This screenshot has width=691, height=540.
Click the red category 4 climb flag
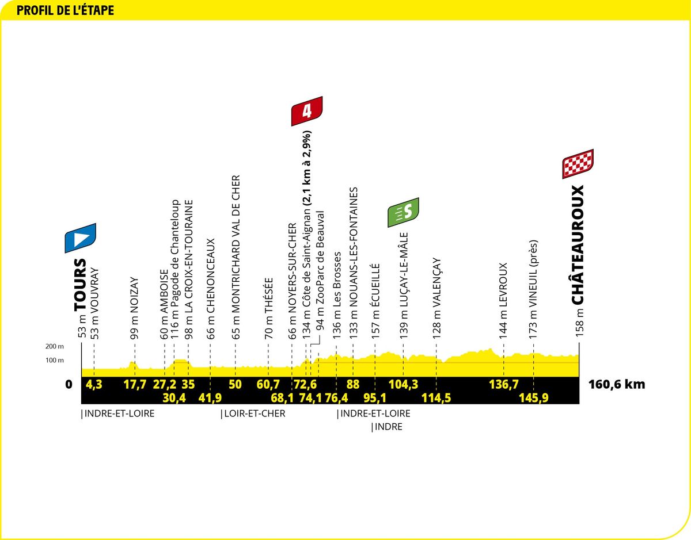pyautogui.click(x=307, y=111)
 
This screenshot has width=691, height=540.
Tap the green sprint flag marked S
pyautogui.click(x=403, y=212)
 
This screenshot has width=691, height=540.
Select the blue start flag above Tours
pyautogui.click(x=81, y=238)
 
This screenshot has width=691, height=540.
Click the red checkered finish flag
pyautogui.click(x=578, y=164)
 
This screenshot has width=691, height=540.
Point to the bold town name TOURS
pyautogui.click(x=80, y=285)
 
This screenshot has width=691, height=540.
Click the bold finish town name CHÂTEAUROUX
pyautogui.click(x=578, y=245)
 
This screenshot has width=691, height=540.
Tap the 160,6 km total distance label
pyautogui.click(x=617, y=385)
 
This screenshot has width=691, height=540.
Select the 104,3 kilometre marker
pyautogui.click(x=403, y=385)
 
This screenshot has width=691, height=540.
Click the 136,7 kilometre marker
pyautogui.click(x=504, y=385)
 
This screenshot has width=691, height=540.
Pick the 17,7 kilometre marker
pyautogui.click(x=135, y=385)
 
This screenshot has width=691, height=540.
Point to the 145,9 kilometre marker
pyautogui.click(x=534, y=398)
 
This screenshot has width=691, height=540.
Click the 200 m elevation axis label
pyautogui.click(x=54, y=346)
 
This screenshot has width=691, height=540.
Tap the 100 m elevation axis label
pyautogui.click(x=54, y=361)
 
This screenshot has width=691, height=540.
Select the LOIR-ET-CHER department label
pyautogui.click(x=255, y=413)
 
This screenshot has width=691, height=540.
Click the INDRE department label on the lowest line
pyautogui.click(x=389, y=427)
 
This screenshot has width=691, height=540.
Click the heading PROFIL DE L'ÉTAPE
pyautogui.click(x=65, y=10)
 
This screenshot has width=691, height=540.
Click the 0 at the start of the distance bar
pyautogui.click(x=69, y=385)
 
